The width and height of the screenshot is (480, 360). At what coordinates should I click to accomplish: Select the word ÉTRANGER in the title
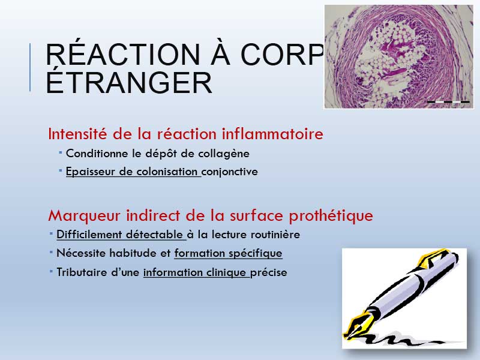(129, 83)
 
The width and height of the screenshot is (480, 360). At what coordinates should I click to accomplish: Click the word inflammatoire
(272, 134)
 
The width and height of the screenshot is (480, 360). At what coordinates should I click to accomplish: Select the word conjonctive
(230, 172)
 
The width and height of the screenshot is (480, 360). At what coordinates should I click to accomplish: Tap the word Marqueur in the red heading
(84, 216)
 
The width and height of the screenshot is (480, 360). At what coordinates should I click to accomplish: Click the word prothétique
(331, 216)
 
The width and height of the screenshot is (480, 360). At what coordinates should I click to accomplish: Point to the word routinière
(275, 235)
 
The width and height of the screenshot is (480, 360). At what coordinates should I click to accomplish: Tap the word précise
(268, 273)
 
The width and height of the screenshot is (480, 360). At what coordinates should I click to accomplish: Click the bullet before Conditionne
(61, 152)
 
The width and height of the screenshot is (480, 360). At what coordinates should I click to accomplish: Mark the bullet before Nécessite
(51, 252)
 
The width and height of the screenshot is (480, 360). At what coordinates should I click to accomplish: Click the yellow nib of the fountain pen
(358, 325)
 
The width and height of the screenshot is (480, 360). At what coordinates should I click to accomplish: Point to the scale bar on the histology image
(448, 101)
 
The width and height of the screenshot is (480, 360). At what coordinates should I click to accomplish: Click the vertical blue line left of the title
(30, 67)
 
